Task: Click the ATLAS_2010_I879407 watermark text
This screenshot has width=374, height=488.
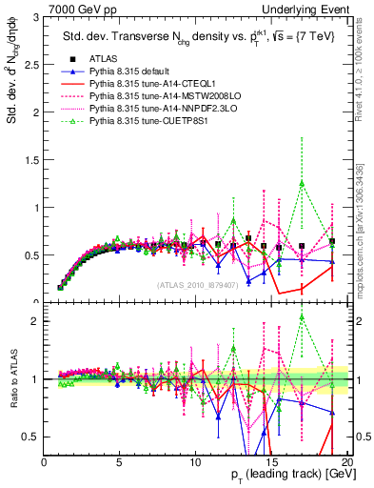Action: tap(198, 285)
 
